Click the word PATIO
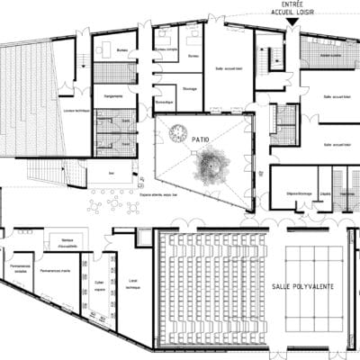(x=200, y=139)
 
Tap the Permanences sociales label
(x=20, y=271)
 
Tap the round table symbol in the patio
(x=175, y=132)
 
